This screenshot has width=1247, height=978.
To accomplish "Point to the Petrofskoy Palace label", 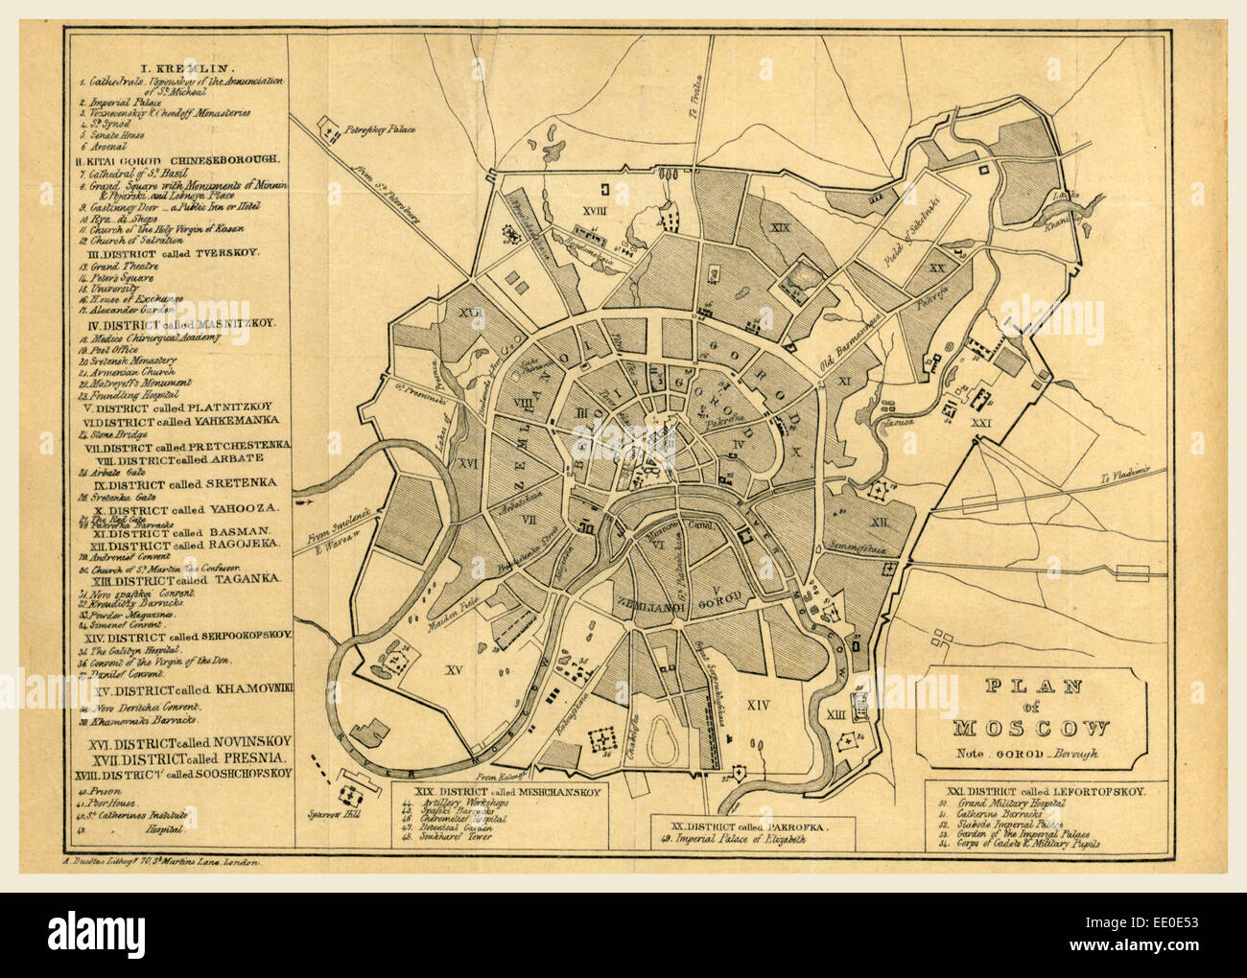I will click(x=381, y=128).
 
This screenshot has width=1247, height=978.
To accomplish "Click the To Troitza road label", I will click(x=698, y=96).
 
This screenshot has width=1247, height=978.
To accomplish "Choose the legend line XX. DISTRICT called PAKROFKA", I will click(x=741, y=825).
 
